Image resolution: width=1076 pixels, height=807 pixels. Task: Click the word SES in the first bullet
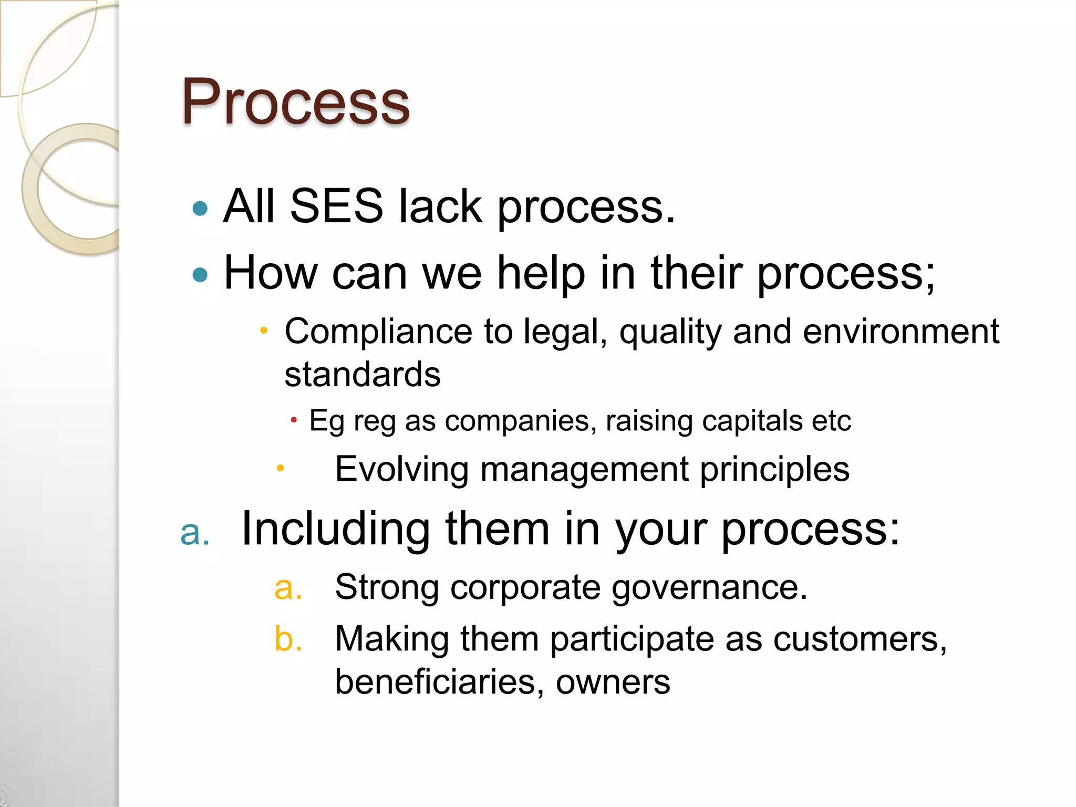tap(336, 206)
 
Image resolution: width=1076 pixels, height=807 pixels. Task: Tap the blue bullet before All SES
tap(200, 209)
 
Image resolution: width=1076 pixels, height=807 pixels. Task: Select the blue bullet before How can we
tap(200, 274)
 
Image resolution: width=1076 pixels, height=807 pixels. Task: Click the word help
tap(541, 273)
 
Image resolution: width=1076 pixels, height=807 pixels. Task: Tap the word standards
tap(363, 375)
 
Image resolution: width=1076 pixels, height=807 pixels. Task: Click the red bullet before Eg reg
tap(294, 420)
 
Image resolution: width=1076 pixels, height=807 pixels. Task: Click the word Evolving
tap(402, 469)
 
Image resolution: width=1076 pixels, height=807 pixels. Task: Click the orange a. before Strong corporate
tap(288, 588)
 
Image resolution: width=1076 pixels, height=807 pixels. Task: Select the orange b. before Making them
tap(288, 639)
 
